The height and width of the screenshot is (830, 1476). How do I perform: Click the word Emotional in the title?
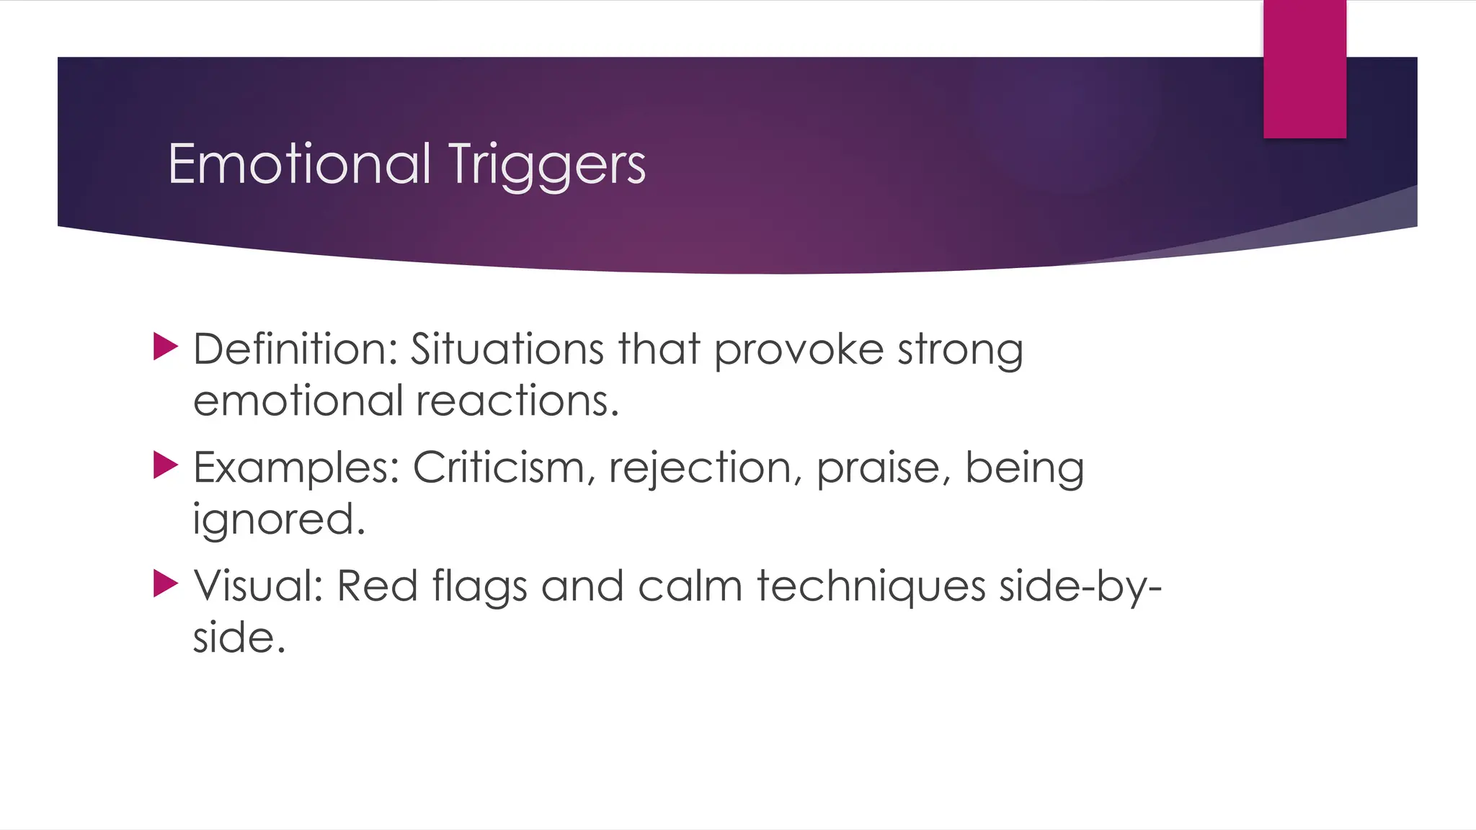click(x=299, y=164)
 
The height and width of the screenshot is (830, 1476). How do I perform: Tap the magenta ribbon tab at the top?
click(x=1304, y=68)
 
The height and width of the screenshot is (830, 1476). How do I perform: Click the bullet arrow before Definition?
click(x=165, y=347)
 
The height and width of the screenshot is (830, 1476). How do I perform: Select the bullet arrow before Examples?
click(x=165, y=465)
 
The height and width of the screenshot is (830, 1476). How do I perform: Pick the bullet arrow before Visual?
click(x=165, y=584)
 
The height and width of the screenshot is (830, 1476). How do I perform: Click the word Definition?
click(x=295, y=349)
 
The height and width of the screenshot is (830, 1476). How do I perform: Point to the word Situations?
click(x=507, y=349)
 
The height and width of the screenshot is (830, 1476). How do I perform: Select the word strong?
click(x=960, y=351)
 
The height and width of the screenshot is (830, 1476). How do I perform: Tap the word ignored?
click(x=278, y=520)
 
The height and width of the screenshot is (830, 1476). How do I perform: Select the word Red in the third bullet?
click(x=377, y=586)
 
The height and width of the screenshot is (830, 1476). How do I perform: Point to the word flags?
click(x=479, y=587)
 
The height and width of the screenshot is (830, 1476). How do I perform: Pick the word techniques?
click(x=870, y=587)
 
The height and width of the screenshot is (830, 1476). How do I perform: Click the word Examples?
click(x=296, y=469)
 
